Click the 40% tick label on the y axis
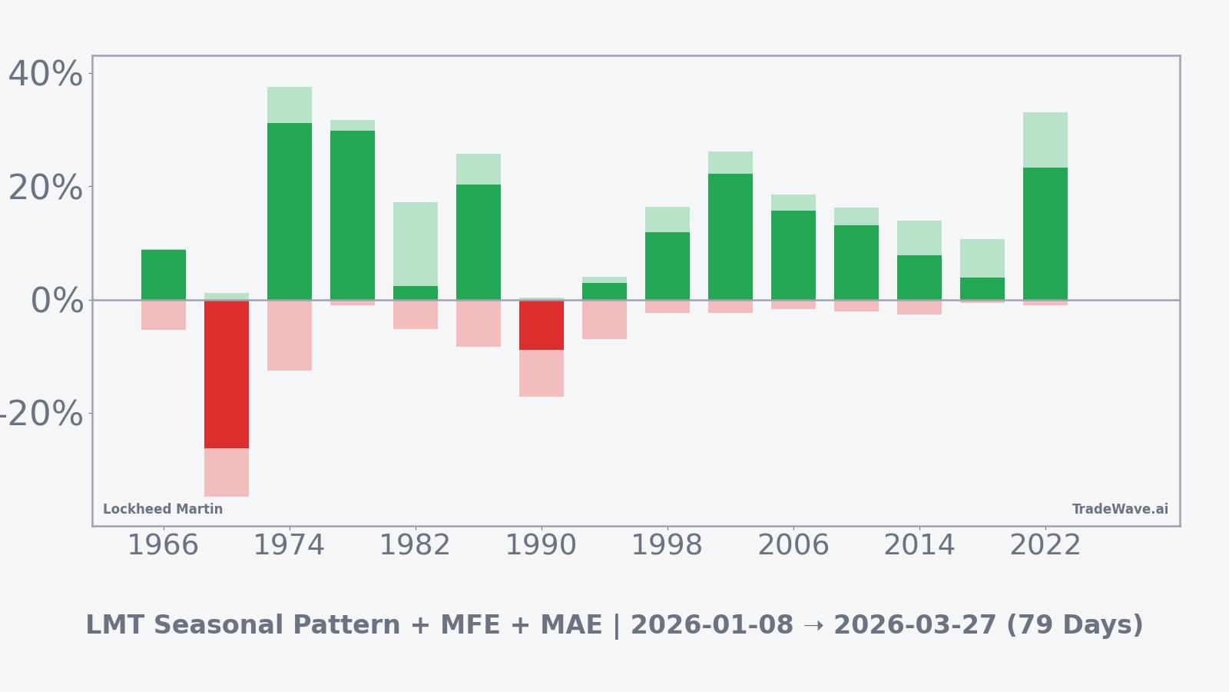pos(45,75)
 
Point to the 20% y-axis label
pos(45,188)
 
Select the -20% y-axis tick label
pos(40,414)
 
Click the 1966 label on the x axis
pos(163,546)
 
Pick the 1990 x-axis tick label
pos(542,546)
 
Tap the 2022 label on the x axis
pos(1045,546)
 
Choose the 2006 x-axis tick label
pos(793,546)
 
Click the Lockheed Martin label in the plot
pos(163,510)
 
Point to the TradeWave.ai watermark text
pos(1120,510)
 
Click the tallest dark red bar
pos(227,374)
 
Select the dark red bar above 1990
pos(542,325)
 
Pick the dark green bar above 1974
pos(290,211)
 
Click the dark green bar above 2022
pos(1045,234)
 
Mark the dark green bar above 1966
pos(164,274)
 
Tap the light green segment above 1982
pos(416,245)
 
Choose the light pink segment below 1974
pos(290,335)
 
